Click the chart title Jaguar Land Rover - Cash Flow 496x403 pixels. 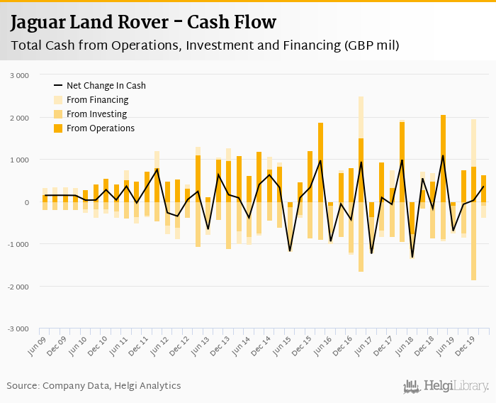tap(143, 23)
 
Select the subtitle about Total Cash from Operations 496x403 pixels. tap(205, 46)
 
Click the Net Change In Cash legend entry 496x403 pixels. tap(106, 85)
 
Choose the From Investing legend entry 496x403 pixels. tap(96, 114)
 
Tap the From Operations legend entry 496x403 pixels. tap(100, 128)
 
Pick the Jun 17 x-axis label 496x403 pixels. tap(365, 344)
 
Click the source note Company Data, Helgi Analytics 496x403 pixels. tap(94, 386)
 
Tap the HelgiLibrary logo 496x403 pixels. tap(446, 386)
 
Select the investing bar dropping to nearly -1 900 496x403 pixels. tap(473, 241)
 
